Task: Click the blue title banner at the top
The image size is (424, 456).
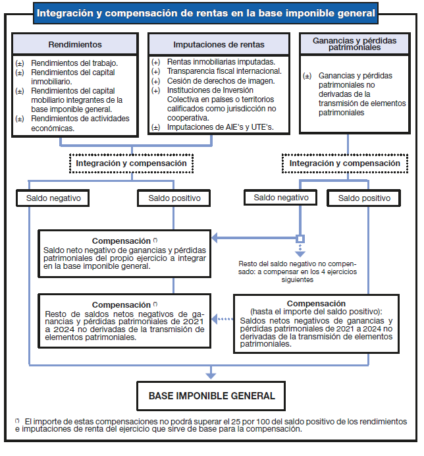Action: (x=206, y=13)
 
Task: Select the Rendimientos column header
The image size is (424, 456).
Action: (x=76, y=45)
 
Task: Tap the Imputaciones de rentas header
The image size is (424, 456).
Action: (x=219, y=45)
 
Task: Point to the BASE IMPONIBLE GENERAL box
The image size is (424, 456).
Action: (x=211, y=396)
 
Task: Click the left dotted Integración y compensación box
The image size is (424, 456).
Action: (x=131, y=163)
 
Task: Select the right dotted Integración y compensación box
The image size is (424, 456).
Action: (x=344, y=163)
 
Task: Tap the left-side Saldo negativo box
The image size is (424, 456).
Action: (x=52, y=198)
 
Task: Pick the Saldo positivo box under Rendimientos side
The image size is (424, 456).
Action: (x=174, y=198)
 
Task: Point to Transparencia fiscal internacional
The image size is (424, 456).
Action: (x=225, y=71)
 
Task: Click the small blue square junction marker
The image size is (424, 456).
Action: (x=300, y=239)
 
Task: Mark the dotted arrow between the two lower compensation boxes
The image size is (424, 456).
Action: (x=225, y=320)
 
